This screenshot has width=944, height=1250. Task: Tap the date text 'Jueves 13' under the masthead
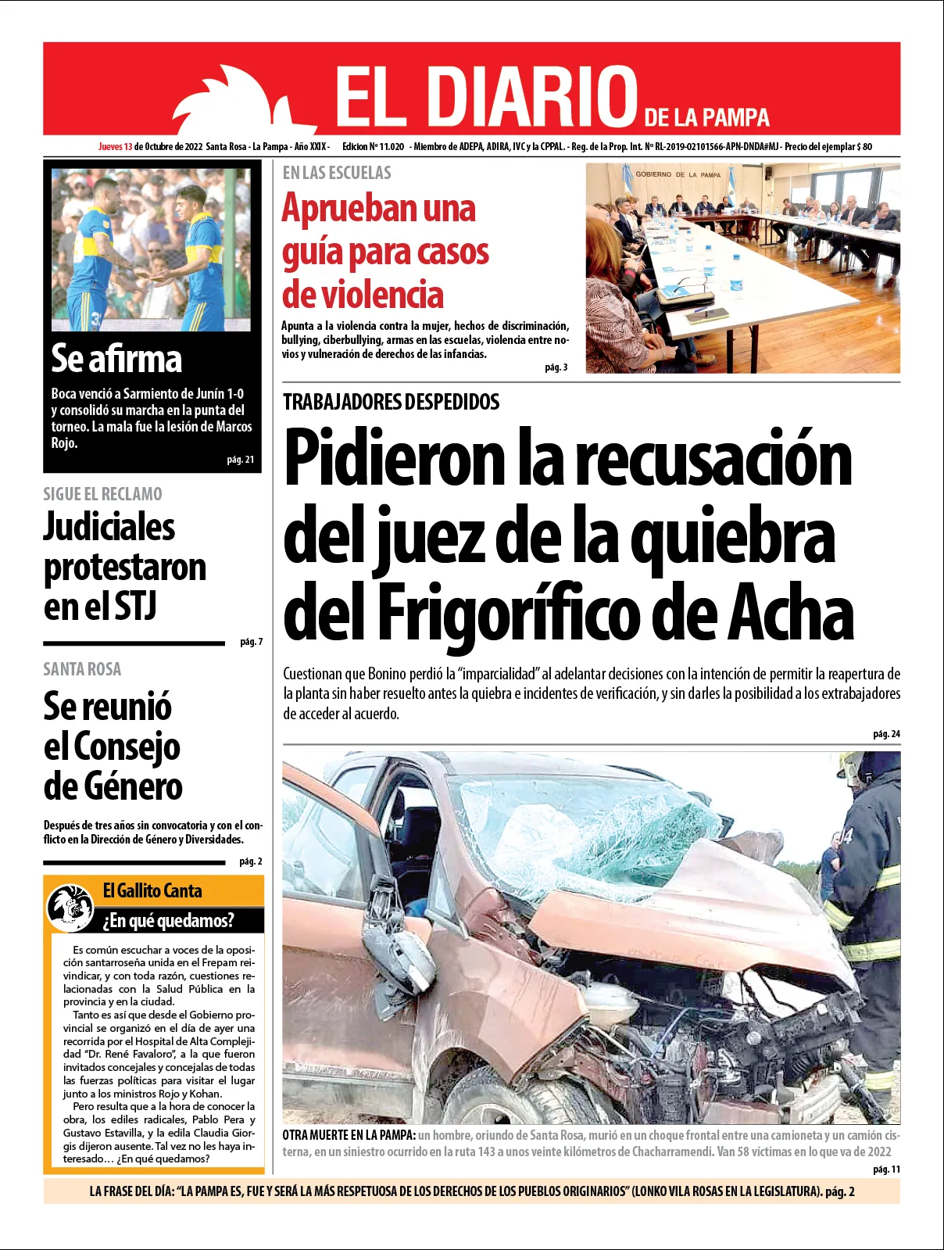(115, 146)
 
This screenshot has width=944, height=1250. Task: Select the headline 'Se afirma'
(116, 359)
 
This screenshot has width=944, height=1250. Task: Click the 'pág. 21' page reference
(241, 460)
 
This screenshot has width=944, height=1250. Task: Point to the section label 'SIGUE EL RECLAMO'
(103, 494)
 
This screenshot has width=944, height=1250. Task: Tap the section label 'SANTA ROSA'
(83, 669)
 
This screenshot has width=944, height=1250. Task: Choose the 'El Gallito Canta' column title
(152, 890)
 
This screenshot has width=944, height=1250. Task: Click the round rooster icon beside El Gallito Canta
(70, 906)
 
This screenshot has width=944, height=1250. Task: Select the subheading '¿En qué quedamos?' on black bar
(169, 920)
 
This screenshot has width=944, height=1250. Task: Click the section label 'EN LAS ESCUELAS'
(337, 173)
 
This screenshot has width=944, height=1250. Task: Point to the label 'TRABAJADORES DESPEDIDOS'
(392, 403)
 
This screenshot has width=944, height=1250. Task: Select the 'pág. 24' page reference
(886, 734)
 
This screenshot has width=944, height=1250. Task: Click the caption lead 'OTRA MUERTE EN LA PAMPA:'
(349, 1135)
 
